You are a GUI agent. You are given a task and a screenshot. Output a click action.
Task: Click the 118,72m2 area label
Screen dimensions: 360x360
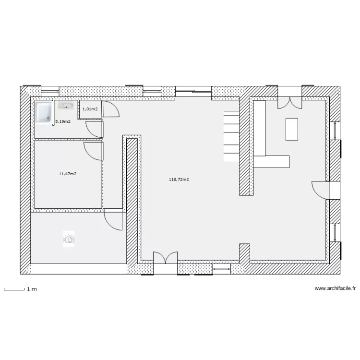click(179, 180)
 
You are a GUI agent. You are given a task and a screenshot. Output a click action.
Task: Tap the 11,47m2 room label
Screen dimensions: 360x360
click(68, 174)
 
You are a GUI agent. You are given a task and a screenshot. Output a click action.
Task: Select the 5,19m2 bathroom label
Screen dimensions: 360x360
click(63, 121)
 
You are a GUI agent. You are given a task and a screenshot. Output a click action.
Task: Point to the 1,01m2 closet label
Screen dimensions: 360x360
click(90, 109)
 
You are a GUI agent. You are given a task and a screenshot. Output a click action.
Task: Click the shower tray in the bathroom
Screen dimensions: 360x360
click(44, 112)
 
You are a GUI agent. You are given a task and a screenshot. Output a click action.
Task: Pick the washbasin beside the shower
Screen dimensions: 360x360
click(66, 106)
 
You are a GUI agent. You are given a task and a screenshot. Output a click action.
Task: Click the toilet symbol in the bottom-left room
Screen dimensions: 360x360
click(69, 239)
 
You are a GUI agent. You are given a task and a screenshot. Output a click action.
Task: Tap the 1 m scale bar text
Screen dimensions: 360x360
click(32, 289)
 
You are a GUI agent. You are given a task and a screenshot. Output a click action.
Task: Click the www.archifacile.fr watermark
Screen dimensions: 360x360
click(335, 288)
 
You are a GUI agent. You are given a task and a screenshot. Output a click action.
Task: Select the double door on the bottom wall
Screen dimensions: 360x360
click(165, 258)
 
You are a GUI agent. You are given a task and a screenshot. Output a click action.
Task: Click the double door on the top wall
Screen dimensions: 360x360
click(290, 103)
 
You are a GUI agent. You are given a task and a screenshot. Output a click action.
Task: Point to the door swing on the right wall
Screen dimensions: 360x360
click(321, 190)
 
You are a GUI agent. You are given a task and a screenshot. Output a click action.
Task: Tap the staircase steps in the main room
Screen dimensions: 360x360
click(231, 136)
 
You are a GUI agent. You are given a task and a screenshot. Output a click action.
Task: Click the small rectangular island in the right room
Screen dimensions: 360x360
click(292, 129)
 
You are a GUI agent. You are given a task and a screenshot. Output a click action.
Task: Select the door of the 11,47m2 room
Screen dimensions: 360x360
click(93, 151)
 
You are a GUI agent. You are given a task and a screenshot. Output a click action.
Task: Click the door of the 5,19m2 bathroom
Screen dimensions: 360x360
click(95, 130)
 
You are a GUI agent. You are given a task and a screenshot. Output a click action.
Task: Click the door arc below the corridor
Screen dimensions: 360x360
click(113, 221)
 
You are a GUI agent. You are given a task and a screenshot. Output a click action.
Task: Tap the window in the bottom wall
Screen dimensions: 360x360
click(221, 269)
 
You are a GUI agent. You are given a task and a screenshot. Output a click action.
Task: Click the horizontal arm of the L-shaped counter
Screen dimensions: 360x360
click(271, 162)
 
